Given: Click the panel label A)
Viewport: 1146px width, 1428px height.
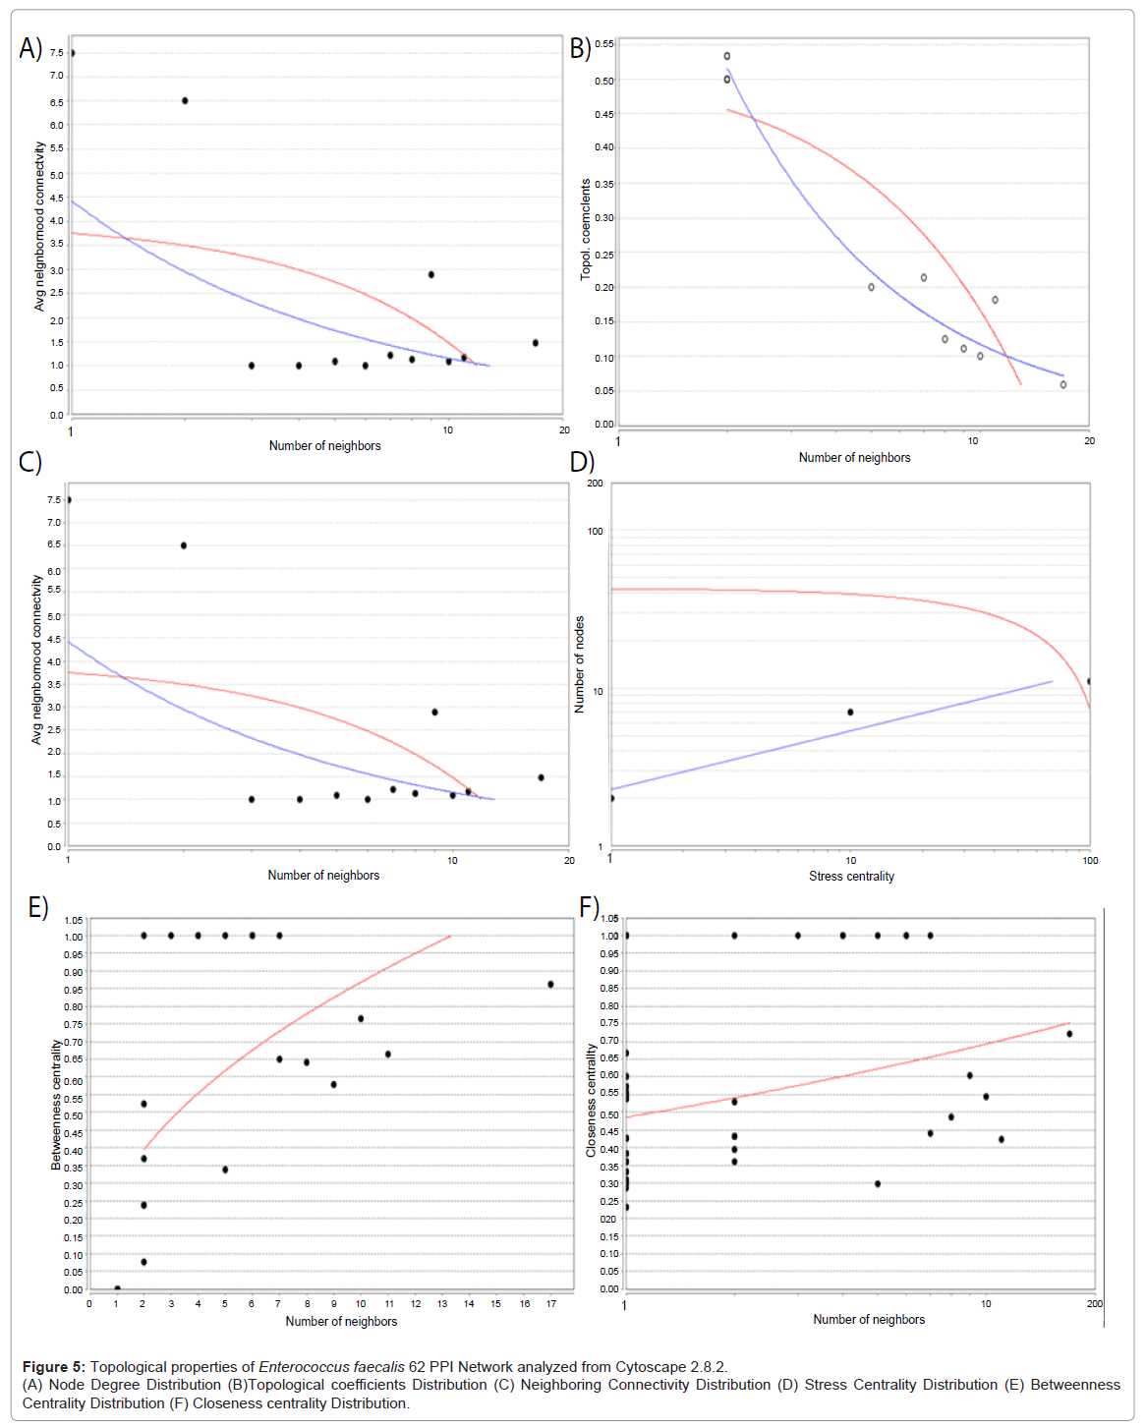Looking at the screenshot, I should tap(30, 48).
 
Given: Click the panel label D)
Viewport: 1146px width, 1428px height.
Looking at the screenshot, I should tap(582, 462).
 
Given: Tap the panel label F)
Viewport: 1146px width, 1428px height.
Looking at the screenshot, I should tap(589, 907).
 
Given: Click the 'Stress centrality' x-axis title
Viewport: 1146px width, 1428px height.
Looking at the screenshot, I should tap(851, 876).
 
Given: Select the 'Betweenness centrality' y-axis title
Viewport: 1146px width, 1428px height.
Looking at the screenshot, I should tap(56, 1106).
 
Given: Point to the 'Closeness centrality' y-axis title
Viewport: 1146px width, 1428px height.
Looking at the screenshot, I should tap(591, 1101).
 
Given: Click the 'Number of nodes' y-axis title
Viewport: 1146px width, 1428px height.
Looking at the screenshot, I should tap(579, 664).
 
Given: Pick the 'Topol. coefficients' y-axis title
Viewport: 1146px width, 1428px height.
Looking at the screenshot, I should tap(585, 229).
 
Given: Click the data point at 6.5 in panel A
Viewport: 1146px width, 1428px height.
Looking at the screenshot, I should tap(185, 100).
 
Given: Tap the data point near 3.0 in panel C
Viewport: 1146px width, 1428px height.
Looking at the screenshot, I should tap(434, 712).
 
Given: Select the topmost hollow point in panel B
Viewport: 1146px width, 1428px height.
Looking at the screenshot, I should tap(727, 56).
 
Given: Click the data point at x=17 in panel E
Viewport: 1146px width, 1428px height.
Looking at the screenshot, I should tap(550, 984).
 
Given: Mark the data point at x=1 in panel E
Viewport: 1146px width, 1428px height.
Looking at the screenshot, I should tap(117, 1288).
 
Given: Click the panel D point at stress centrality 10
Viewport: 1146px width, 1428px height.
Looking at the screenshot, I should tap(850, 712).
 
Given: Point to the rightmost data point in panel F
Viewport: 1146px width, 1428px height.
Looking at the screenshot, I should tap(1069, 1033).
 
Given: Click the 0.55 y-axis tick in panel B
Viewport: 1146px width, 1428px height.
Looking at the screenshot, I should tap(603, 43).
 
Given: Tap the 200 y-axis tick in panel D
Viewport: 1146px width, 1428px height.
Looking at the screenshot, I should tap(595, 483).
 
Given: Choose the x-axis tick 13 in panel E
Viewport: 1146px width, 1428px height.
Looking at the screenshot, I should tap(442, 1304).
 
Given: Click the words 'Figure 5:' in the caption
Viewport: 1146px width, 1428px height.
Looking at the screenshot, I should tap(53, 1367).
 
